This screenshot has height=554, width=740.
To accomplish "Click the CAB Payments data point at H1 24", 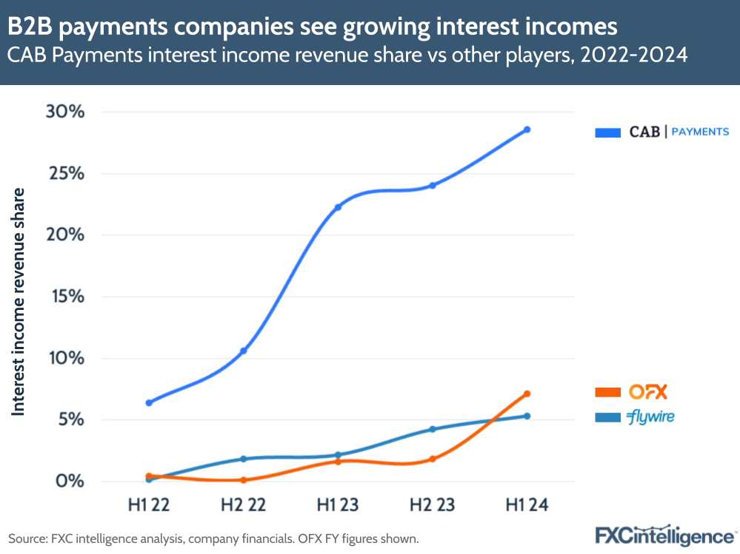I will click(527, 129).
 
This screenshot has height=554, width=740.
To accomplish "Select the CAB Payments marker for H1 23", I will click(338, 207).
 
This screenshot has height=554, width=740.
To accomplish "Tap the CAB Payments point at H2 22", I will click(243, 351).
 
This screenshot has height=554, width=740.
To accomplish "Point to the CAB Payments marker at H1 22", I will click(149, 403).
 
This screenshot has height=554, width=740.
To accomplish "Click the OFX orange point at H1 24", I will click(527, 393).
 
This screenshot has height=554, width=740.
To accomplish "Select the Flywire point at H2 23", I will click(433, 429).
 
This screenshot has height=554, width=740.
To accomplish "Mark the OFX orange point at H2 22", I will click(243, 480).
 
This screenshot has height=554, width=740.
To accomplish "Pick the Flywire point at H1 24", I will click(527, 416).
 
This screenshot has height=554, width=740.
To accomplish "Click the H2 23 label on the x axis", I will click(433, 505).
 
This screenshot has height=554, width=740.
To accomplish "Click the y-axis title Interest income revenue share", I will click(19, 301).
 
